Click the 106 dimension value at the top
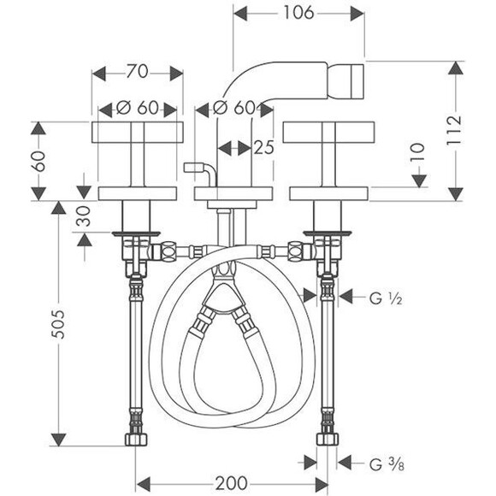[x=298, y=13]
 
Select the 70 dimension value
[x=138, y=71]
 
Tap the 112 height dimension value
[x=454, y=130]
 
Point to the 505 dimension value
[x=58, y=324]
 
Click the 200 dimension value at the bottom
[x=232, y=483]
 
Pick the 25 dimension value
[x=263, y=147]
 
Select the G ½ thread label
[x=386, y=298]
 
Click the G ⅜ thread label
[x=387, y=464]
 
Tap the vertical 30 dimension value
[x=83, y=216]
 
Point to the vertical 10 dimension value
[x=417, y=152]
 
